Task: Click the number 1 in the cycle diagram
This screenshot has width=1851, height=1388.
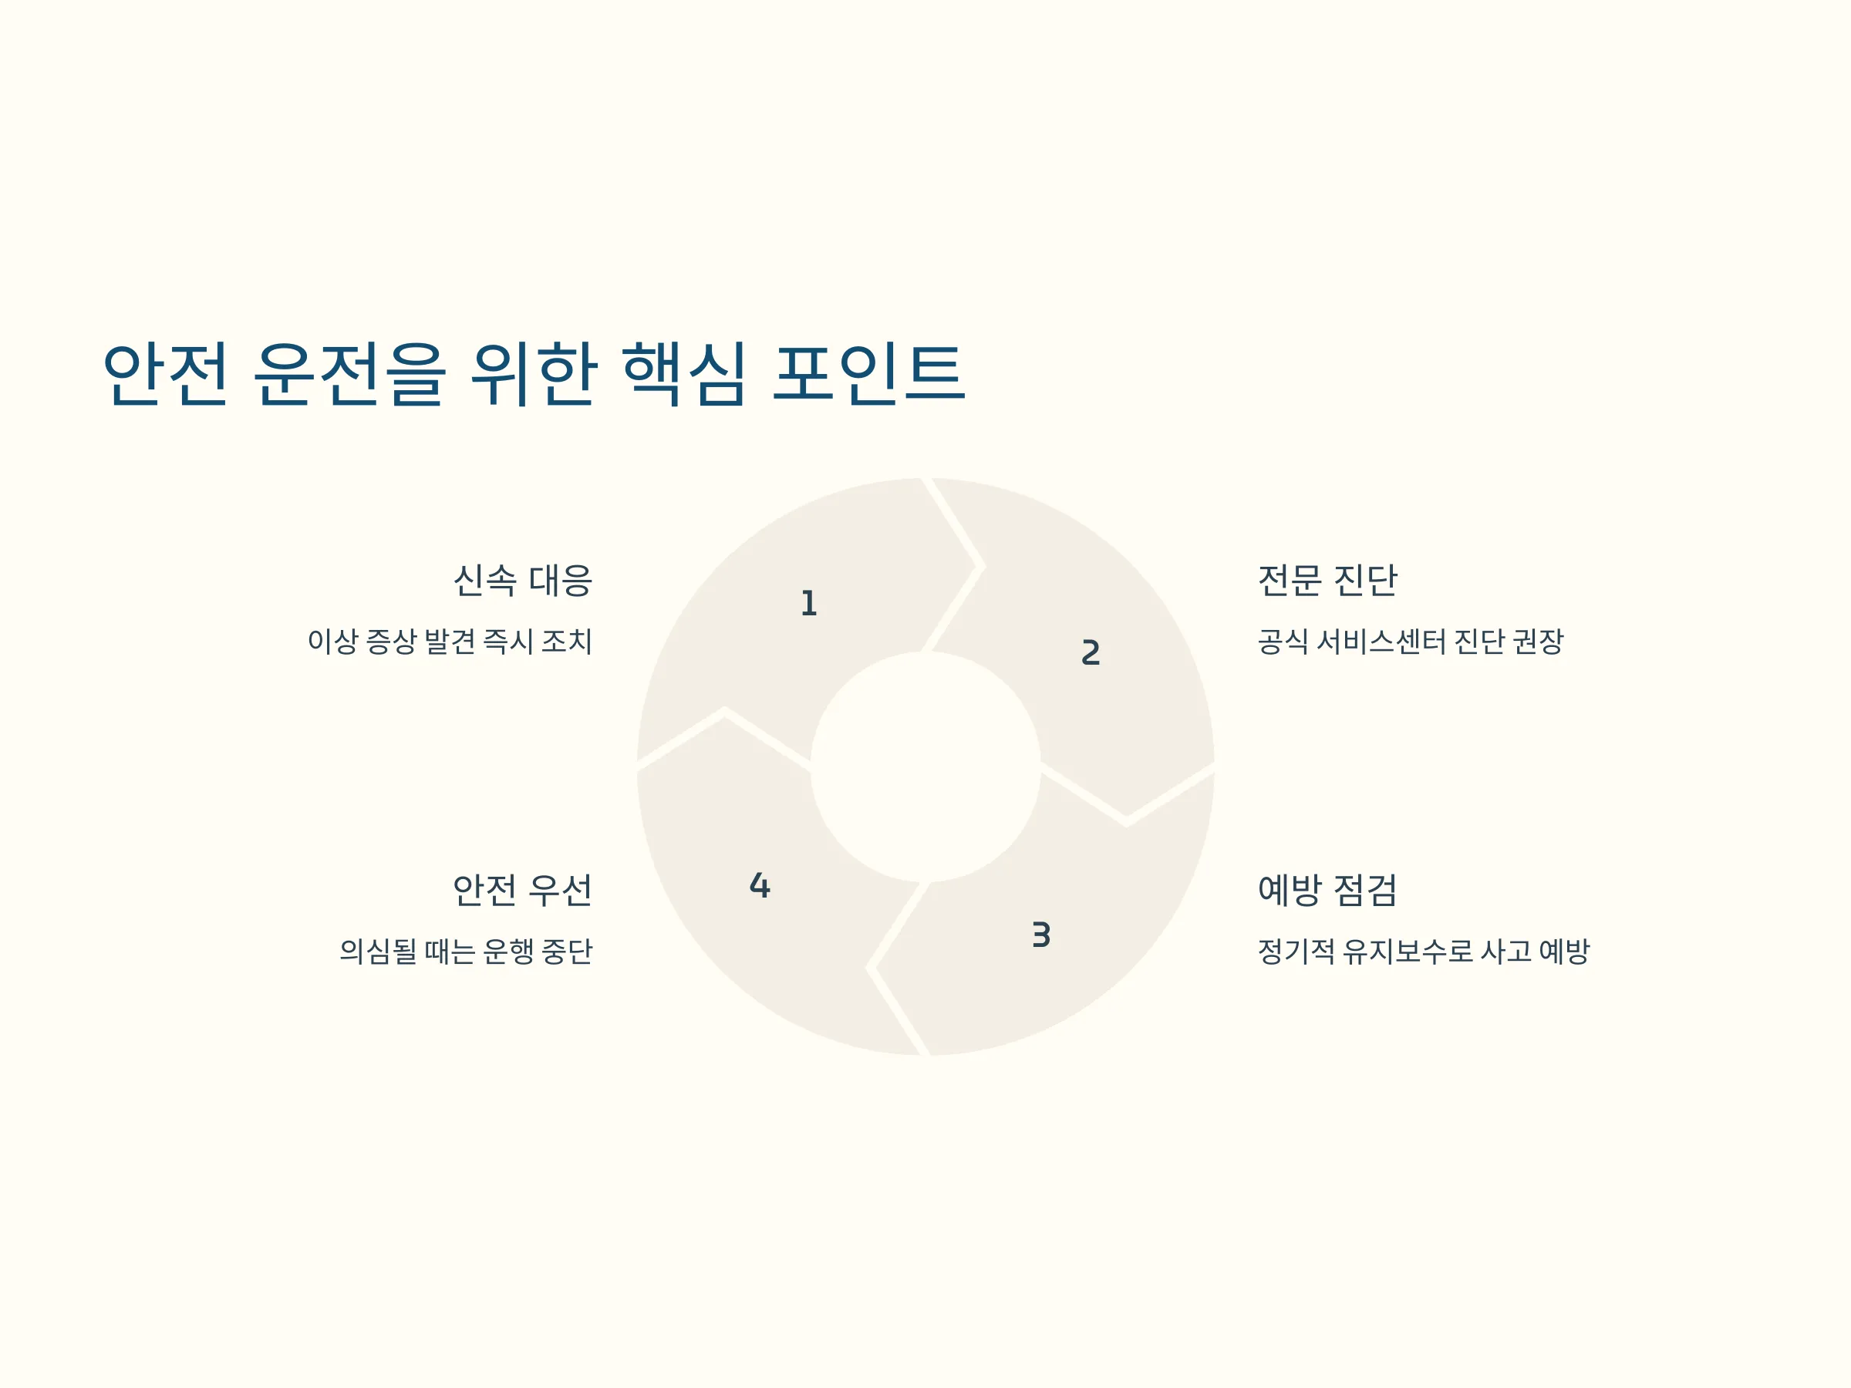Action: [808, 603]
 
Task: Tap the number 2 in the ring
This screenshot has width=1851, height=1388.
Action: [1091, 652]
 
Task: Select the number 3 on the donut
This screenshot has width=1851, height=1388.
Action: [1041, 935]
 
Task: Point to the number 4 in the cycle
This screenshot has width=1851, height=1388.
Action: [760, 885]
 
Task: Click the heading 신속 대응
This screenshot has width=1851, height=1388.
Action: [523, 580]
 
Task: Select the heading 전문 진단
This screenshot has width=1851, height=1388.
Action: [1327, 580]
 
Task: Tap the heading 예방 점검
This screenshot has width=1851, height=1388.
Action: [1327, 889]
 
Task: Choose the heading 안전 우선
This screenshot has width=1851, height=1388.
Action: [523, 889]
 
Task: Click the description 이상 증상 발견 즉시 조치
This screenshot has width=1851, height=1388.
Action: [450, 642]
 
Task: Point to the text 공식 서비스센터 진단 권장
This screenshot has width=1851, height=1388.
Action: [1411, 642]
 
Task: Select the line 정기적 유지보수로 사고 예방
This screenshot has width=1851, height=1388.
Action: [1424, 952]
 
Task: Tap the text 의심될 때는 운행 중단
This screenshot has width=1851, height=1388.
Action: [466, 952]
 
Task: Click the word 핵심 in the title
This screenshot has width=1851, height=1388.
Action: [683, 374]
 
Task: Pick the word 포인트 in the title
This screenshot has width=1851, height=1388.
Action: [869, 374]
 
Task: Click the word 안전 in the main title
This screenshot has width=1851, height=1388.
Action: [165, 374]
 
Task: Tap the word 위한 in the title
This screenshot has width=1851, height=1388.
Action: [534, 374]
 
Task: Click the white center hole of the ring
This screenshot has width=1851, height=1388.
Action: [925, 766]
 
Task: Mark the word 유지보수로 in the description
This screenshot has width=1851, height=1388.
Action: [1408, 952]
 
